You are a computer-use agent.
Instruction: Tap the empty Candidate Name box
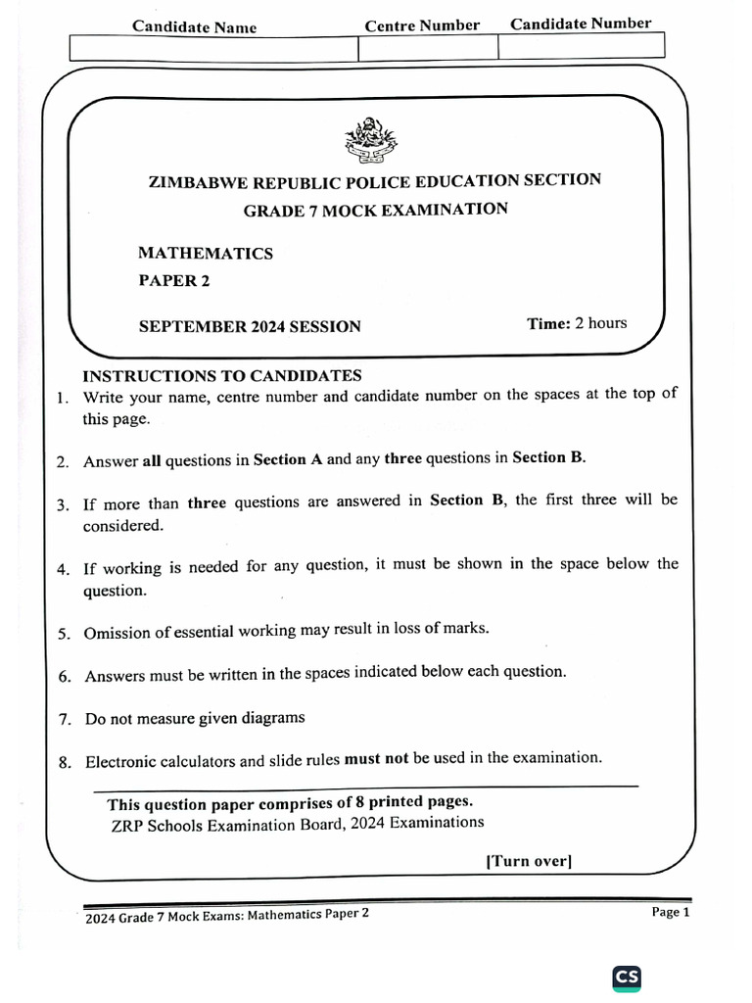point(213,48)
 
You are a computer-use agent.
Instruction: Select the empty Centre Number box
point(428,48)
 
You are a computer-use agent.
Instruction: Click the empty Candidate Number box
point(581,46)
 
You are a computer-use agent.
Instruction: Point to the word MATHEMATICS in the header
point(206,254)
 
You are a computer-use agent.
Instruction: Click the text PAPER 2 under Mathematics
point(174,281)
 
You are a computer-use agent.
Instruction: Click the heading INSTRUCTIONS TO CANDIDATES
point(222,376)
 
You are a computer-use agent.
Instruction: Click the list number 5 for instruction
point(64,634)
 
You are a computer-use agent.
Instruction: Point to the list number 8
point(64,763)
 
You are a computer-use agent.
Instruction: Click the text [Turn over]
point(529,861)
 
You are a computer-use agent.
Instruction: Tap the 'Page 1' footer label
point(671,912)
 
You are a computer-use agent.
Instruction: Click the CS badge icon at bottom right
point(627,977)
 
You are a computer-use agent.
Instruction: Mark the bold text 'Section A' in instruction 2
point(288,458)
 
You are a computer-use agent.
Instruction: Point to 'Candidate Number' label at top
point(581,24)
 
